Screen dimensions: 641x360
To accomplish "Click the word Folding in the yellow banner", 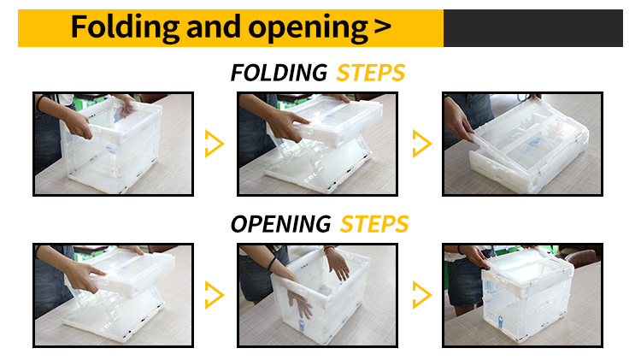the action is tap(125, 27).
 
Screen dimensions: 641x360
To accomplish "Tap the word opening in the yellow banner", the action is tap(308, 28).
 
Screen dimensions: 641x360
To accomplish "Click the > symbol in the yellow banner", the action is tap(382, 27).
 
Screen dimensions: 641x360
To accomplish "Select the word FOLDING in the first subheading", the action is tap(279, 73).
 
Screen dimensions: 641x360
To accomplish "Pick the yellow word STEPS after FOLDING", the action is tap(371, 73).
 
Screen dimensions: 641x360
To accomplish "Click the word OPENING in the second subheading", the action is tap(281, 224).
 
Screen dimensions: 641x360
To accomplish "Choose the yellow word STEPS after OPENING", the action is tap(374, 224).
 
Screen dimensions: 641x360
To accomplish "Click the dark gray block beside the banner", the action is tap(533, 28).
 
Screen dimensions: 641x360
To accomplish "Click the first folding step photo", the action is tap(113, 144).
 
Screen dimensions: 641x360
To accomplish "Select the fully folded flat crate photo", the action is tap(522, 144).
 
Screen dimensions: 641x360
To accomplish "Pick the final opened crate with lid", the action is tap(528, 294).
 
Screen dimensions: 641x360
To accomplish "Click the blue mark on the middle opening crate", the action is tap(302, 326).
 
